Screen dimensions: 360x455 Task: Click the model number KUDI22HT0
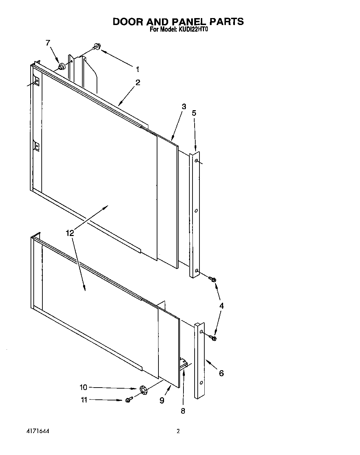point(193,30)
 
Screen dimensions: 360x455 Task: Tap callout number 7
point(48,43)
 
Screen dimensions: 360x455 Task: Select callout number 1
point(138,69)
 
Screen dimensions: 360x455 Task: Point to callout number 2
point(138,83)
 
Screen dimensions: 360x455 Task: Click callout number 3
point(184,106)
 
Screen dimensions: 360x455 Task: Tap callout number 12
point(70,233)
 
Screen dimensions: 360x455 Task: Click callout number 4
point(221,306)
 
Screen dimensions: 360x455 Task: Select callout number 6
point(221,373)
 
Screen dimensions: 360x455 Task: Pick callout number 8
point(183,411)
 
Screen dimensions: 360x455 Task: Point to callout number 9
point(162,400)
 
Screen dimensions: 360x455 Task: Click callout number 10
point(83,387)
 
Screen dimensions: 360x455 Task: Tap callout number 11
point(84,400)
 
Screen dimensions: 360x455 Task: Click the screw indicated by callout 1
point(96,47)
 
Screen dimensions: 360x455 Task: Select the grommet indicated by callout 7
point(62,66)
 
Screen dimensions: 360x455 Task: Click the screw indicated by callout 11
point(129,400)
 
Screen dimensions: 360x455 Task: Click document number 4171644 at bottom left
point(38,431)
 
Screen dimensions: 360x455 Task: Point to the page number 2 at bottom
point(178,431)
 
